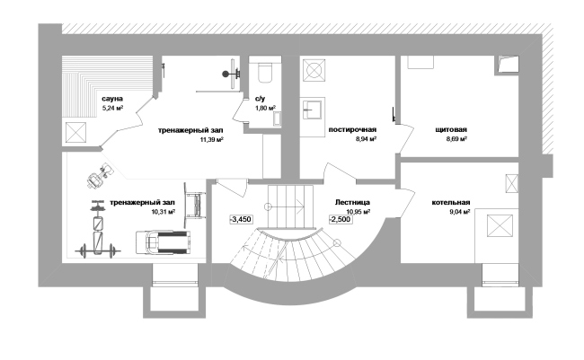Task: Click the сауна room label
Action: pos(112,99)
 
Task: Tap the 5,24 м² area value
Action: pos(112,109)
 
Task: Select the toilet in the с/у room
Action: pos(265,72)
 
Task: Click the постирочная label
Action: pos(352,129)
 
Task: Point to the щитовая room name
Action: pos(451,129)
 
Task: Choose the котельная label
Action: pos(451,203)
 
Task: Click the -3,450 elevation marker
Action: pos(241,219)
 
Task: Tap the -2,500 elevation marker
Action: pos(340,219)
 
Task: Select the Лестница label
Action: pos(352,203)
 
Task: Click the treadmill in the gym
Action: pos(163,243)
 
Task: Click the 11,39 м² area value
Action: pos(211,140)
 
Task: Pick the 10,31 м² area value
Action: pos(164,212)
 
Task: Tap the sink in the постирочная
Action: pos(311,110)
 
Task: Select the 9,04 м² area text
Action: pos(460,212)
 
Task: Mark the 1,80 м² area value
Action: pos(265,109)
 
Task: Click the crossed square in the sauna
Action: pos(76,133)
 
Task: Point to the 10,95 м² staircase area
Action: pos(358,212)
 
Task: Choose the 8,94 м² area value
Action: pos(366,139)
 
